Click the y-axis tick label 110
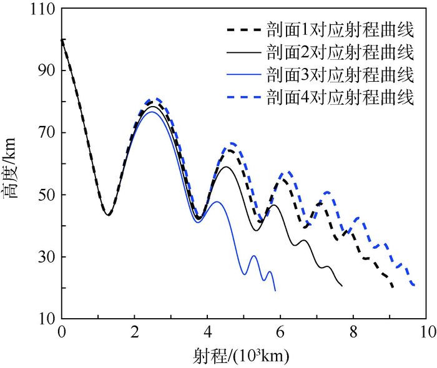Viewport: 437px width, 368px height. tap(40, 9)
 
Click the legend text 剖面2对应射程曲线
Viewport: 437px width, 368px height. tap(340, 52)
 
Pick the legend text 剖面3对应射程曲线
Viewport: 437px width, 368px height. tap(340, 75)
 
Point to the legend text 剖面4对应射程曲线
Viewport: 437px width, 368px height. tap(340, 98)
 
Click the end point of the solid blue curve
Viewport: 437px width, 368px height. tap(275, 291)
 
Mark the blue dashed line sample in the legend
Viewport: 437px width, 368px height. tap(242, 98)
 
